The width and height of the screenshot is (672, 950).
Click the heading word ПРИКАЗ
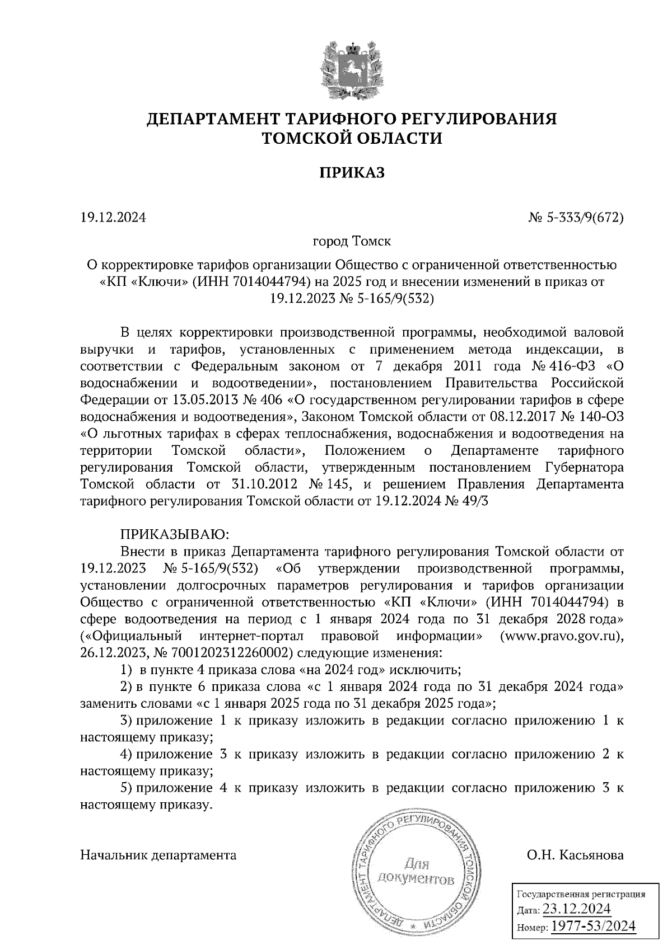pos(352,173)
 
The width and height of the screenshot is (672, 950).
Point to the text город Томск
pos(352,242)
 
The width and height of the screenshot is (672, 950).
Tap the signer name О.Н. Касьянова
pos(575,855)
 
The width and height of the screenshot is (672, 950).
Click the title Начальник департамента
pos(158,855)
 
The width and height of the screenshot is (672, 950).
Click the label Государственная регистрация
pos(580,894)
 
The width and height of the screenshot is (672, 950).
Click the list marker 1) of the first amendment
pos(127,670)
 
